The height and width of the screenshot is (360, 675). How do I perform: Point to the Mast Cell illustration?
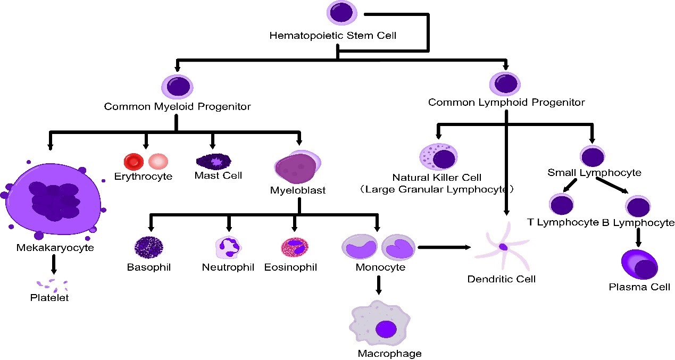213,160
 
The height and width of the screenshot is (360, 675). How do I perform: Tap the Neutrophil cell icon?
228,247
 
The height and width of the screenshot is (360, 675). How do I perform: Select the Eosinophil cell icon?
294,247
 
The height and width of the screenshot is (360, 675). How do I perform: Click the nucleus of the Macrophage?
386,329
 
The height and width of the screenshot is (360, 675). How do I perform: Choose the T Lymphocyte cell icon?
561,204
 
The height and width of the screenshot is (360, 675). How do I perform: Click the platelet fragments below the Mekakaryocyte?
52,285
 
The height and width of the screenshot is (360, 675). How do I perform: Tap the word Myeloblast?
298,190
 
